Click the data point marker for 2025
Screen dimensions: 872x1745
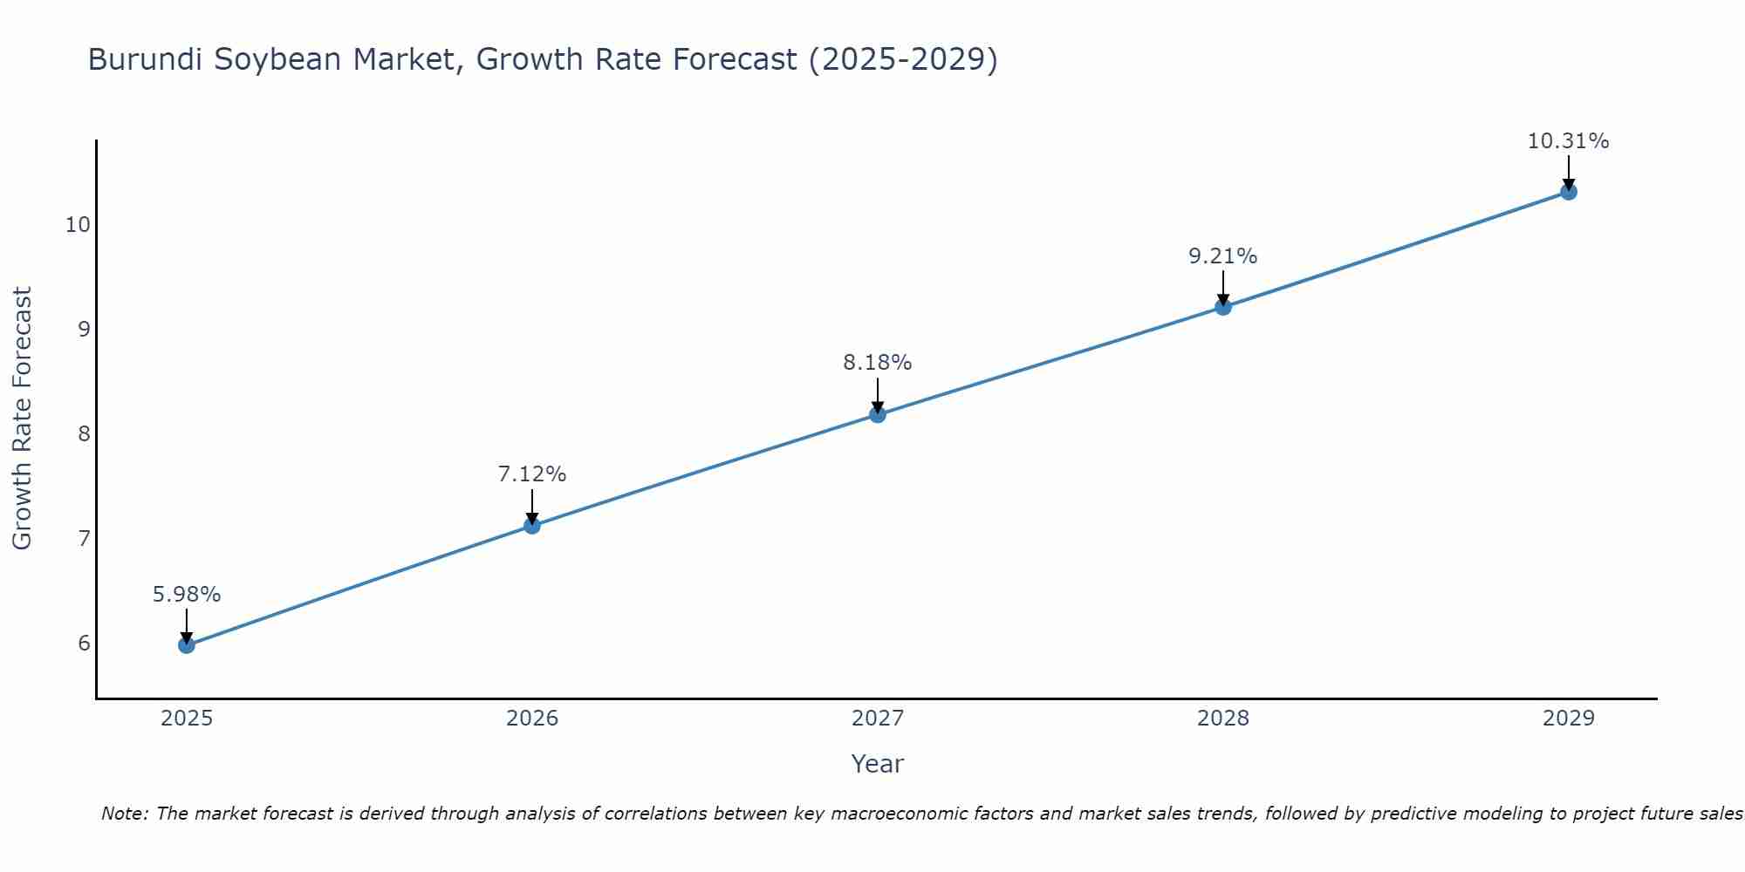point(186,645)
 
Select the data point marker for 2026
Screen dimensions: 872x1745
point(531,525)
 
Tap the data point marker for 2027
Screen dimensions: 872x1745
point(877,414)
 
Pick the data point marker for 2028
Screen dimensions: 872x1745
point(1222,306)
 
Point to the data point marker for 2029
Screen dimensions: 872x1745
point(1568,192)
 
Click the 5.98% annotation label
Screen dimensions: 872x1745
point(186,595)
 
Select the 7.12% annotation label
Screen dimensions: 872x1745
point(531,474)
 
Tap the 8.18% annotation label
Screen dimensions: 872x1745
point(877,363)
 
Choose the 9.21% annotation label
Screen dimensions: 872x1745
point(1222,256)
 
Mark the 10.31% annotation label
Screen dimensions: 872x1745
point(1568,141)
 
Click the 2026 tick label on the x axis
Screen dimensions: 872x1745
point(531,719)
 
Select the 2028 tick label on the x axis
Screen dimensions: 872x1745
point(1222,719)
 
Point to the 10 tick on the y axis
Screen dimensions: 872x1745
point(78,225)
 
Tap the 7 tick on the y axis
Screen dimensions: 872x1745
point(84,538)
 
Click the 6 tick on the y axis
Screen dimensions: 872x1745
point(84,644)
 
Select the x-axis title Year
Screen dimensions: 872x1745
point(877,764)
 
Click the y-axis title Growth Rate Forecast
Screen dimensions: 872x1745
point(23,418)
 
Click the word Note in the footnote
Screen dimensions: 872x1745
point(125,814)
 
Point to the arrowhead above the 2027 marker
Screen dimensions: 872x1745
point(877,406)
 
